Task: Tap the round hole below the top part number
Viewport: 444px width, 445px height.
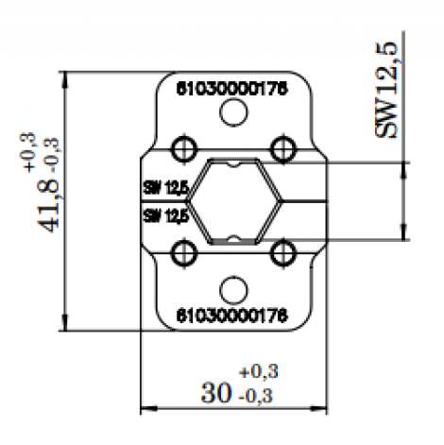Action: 232,113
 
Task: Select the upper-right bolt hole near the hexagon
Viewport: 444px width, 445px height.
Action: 282,148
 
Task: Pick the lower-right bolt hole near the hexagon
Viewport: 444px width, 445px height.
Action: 282,252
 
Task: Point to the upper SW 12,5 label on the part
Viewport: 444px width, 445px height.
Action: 165,188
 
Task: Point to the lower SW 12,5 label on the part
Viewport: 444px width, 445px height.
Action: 165,215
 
